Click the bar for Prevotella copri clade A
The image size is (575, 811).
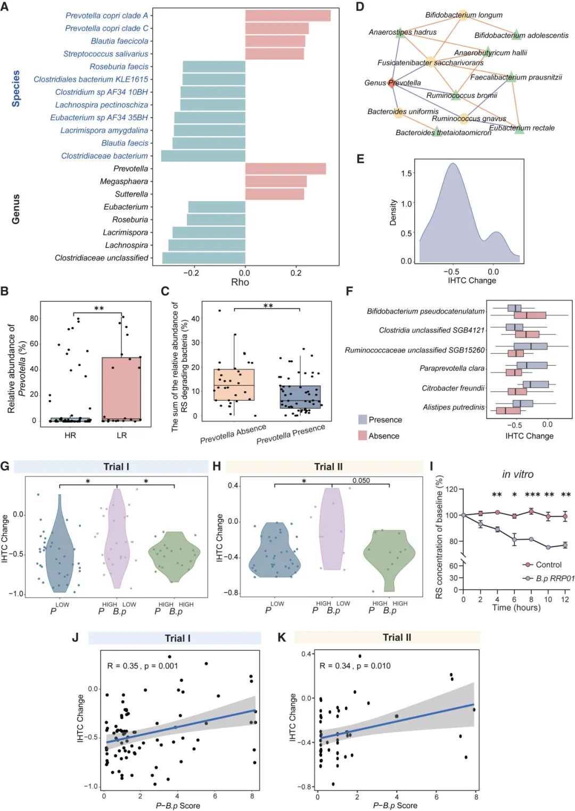tap(287, 15)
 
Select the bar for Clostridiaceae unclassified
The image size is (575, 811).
tap(203, 258)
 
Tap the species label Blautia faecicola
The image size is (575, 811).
tap(119, 41)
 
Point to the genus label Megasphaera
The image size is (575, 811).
tap(124, 181)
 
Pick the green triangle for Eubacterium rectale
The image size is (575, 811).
tap(520, 129)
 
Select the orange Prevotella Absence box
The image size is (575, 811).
tap(234, 384)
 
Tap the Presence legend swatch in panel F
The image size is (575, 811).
tap(363, 420)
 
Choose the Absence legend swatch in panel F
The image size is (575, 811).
tap(363, 436)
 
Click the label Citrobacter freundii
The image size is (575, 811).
tap(453, 388)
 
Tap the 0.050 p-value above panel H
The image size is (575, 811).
tap(361, 481)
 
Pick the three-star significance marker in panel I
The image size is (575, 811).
tap(532, 495)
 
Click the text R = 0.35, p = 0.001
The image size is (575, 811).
tap(143, 666)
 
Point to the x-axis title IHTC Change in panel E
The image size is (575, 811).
tap(472, 280)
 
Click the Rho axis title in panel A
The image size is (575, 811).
tap(240, 282)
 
